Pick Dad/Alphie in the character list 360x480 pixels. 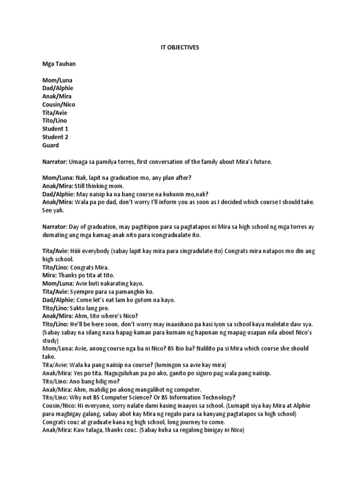coord(57,88)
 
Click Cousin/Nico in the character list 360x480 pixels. coord(59,105)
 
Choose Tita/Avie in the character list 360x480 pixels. coord(55,112)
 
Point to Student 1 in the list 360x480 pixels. coord(55,129)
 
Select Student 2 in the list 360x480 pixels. coord(55,137)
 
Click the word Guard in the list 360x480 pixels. coord(50,145)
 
